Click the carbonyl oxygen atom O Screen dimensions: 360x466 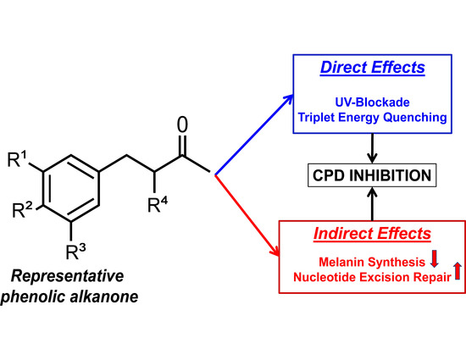pyautogui.click(x=180, y=125)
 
